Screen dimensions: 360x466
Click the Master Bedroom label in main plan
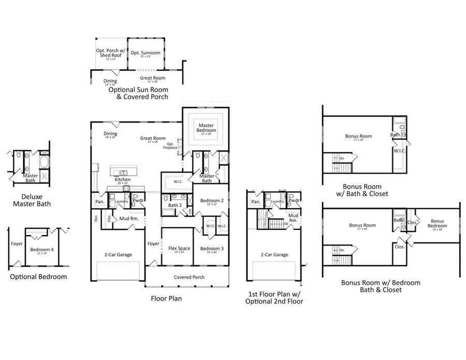(206, 127)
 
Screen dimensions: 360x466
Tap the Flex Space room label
(180, 249)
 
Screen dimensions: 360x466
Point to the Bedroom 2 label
(212, 200)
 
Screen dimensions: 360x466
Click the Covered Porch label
(189, 277)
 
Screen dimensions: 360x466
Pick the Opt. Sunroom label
(145, 53)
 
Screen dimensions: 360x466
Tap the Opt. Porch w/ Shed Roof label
(108, 53)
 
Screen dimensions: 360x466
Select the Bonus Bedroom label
(438, 223)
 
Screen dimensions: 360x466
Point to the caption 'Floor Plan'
(166, 298)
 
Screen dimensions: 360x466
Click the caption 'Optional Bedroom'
(38, 277)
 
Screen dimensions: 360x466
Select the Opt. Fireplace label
(170, 146)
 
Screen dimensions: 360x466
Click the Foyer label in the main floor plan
(153, 243)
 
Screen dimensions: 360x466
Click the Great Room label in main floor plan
(153, 138)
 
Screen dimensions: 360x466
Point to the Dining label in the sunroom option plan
(110, 81)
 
